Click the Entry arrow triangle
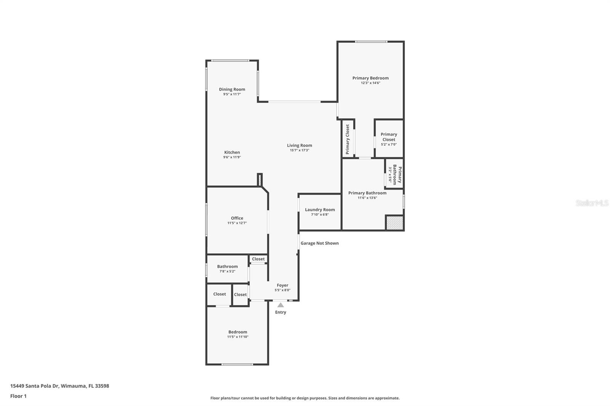(x=281, y=305)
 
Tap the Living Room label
(x=299, y=145)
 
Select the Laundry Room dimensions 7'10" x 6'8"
(x=319, y=215)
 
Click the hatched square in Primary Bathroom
(x=394, y=223)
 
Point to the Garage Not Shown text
(x=319, y=243)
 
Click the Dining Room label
(x=232, y=90)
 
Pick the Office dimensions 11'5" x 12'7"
(x=237, y=223)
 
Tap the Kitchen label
(x=232, y=152)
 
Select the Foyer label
(x=283, y=285)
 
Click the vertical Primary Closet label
(x=347, y=139)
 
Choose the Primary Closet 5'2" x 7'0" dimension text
(x=388, y=145)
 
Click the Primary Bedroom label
(x=370, y=78)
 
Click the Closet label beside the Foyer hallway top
(x=258, y=259)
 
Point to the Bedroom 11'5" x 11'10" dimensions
(x=238, y=337)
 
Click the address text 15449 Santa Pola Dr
(x=59, y=386)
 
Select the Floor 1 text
(x=18, y=396)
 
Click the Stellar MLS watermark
(x=592, y=203)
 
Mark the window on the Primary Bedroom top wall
(x=371, y=42)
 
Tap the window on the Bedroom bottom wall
(x=237, y=364)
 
